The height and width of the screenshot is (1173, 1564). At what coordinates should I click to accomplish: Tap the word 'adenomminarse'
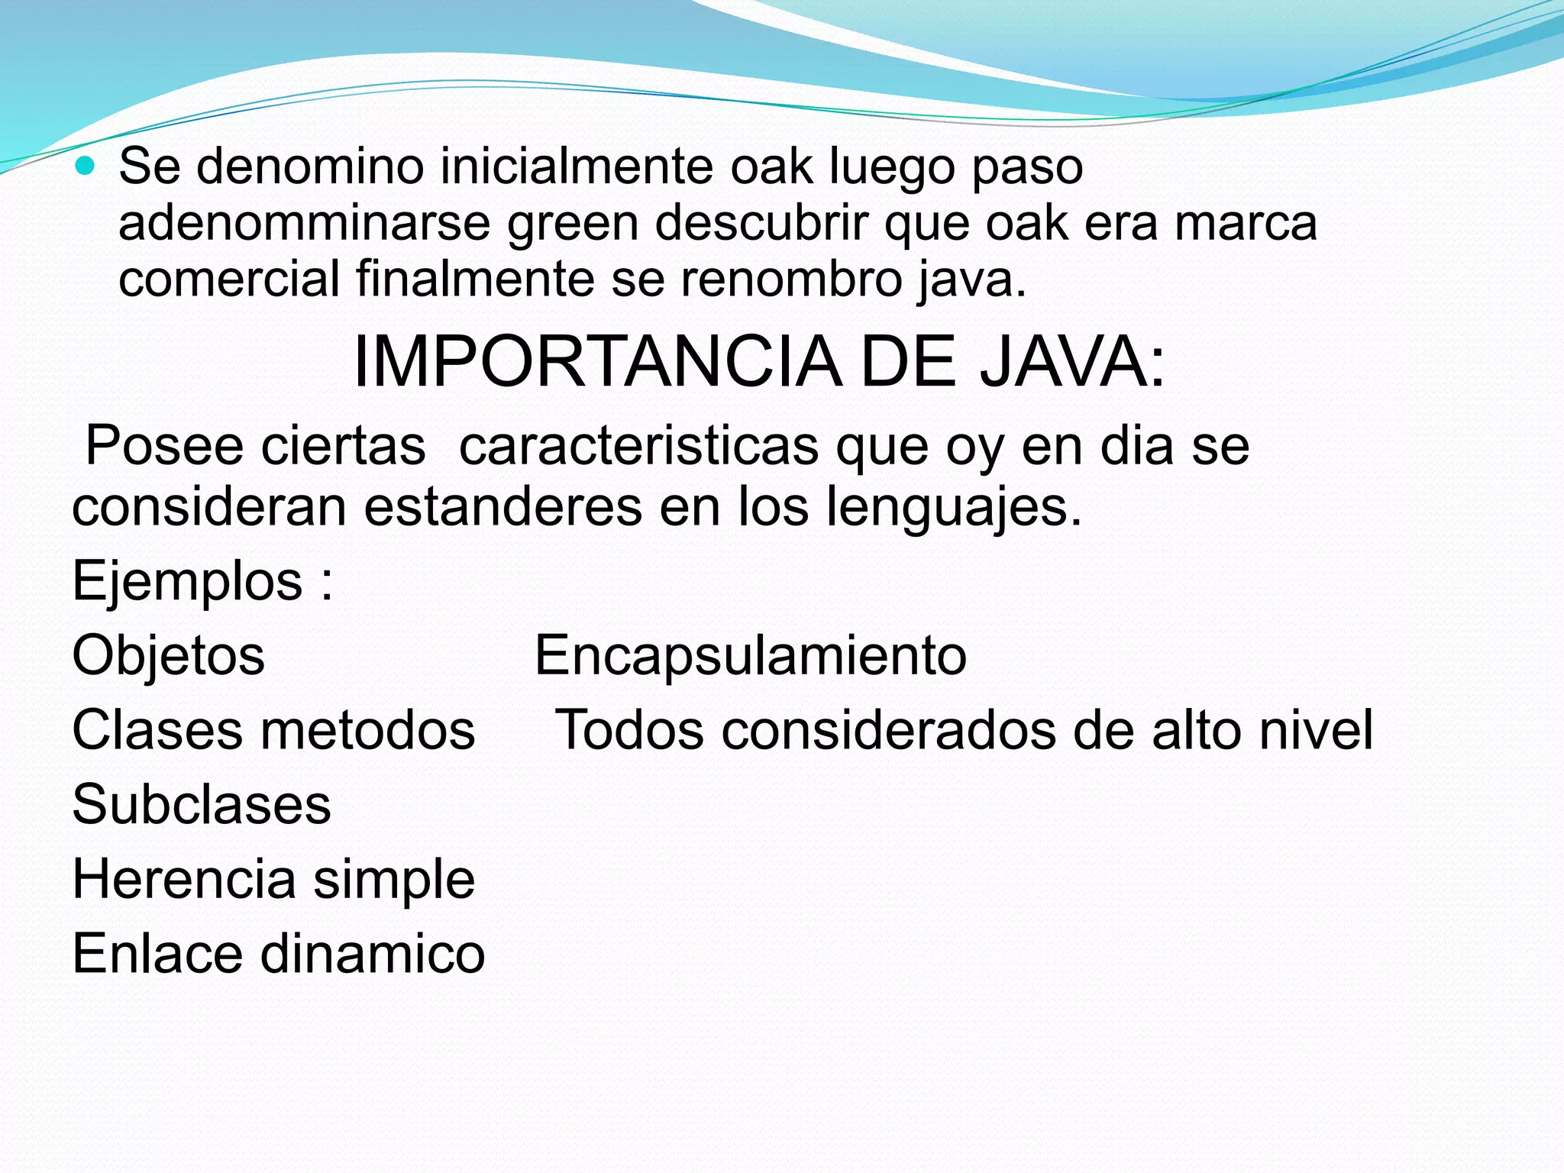[304, 223]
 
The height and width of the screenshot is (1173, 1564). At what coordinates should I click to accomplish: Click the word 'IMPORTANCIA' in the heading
[597, 363]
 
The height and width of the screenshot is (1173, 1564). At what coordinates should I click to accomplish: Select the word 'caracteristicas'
[638, 446]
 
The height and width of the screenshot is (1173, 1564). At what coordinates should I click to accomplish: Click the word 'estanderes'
[502, 507]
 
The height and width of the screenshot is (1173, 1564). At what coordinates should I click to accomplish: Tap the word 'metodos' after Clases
[368, 730]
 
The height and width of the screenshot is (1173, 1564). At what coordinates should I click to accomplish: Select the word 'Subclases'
[202, 805]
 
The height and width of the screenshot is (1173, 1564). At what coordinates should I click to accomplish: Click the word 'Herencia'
[183, 880]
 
